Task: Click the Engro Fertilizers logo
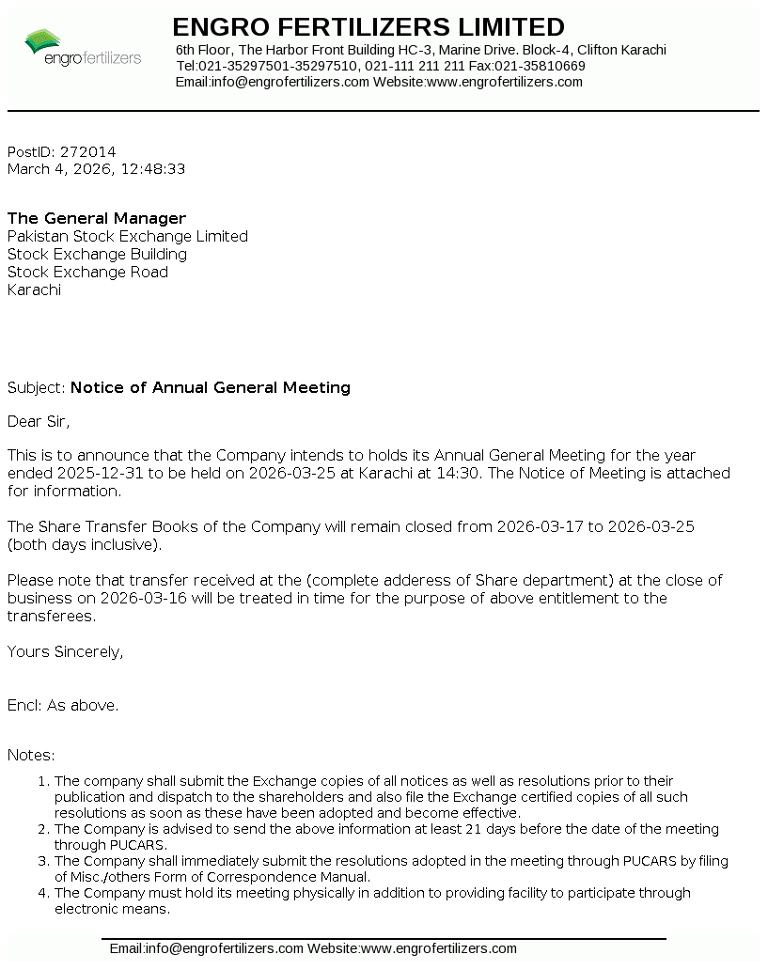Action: tap(83, 47)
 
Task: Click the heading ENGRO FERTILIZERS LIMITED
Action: tap(368, 26)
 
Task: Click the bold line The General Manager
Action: tap(97, 218)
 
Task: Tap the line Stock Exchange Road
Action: tap(87, 272)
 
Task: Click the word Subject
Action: tap(35, 387)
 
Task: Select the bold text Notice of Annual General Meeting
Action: tap(211, 387)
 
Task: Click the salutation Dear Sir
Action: tap(39, 421)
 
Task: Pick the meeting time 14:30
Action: tap(462, 473)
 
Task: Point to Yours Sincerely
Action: tap(65, 651)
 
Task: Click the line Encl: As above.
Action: tap(63, 705)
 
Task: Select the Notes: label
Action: tap(31, 755)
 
